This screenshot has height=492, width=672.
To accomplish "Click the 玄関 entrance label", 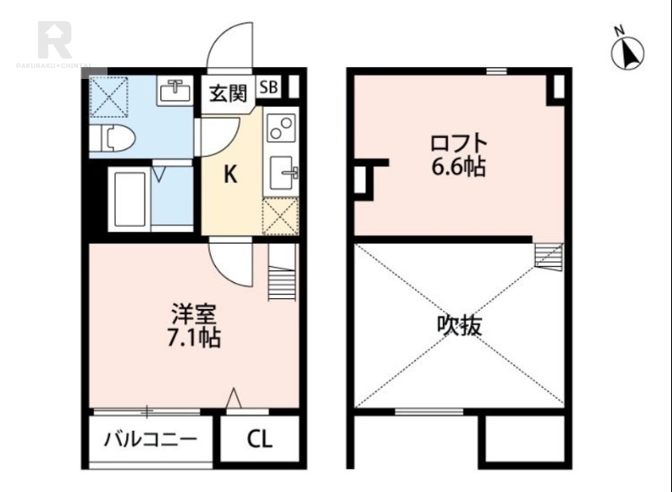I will click(228, 92).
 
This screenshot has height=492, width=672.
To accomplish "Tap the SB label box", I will click(268, 86).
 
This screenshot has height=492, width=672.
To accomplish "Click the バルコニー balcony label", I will click(150, 439).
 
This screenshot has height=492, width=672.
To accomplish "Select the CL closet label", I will click(259, 439).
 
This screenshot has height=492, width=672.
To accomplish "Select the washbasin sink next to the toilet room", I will click(176, 88).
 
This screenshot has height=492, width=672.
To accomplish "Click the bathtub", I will click(129, 198).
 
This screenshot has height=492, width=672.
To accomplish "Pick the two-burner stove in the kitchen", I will click(280, 129).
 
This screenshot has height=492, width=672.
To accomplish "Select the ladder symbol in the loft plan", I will click(547, 256).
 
